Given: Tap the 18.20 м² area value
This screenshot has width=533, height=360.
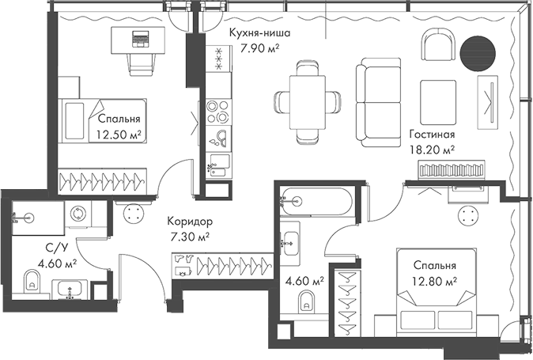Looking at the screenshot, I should (x=432, y=149).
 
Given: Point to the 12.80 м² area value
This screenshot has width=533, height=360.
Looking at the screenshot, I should (x=433, y=280).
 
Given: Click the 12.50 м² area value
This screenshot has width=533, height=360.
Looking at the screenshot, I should (x=118, y=135).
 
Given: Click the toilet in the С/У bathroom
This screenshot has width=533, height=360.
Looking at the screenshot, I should (x=32, y=279).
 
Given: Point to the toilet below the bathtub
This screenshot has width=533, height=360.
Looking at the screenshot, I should (x=306, y=301).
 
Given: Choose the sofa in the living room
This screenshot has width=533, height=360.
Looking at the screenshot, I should (x=372, y=100).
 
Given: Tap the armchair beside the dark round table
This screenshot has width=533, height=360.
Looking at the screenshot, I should (x=437, y=45).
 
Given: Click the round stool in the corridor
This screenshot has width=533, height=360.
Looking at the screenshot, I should (x=134, y=212).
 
